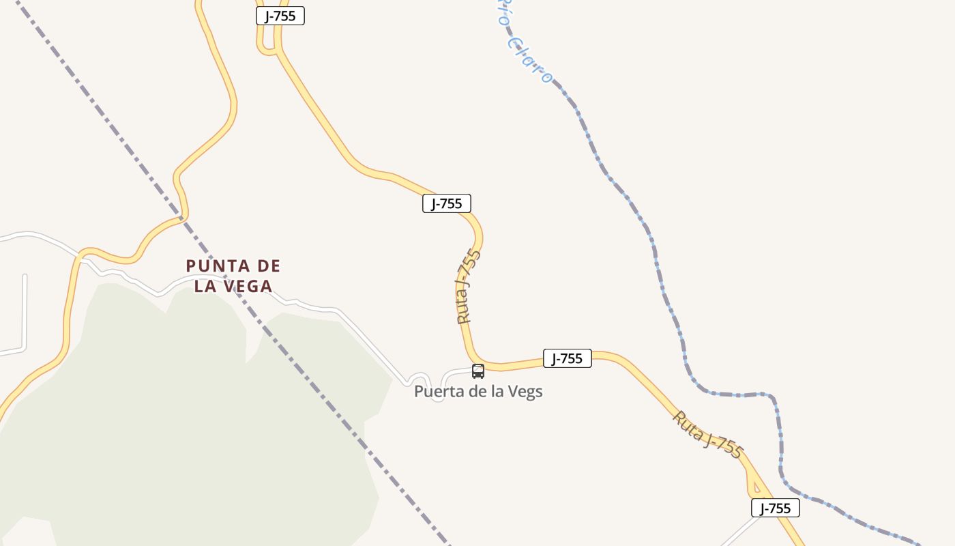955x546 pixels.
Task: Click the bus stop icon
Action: coord(478,371)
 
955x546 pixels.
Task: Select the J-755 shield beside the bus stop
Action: coord(567,358)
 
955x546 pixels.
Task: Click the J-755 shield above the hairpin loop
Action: coord(280,16)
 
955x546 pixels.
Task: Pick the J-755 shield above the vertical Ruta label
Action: coord(447,203)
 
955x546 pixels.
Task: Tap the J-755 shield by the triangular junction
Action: coord(776,508)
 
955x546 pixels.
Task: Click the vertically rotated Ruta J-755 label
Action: coord(469,287)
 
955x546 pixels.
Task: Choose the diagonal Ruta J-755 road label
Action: coord(707,434)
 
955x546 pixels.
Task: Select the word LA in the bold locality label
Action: coord(205,287)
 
